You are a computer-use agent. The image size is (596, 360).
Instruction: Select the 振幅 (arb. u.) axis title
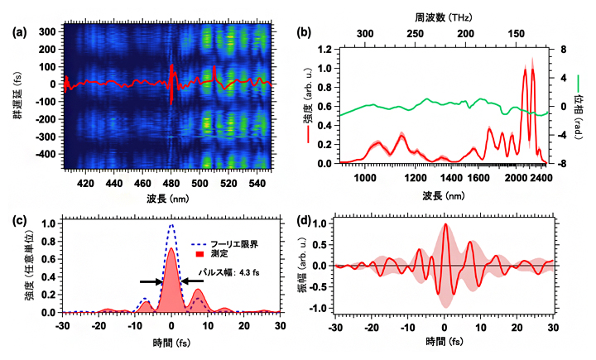(x=302, y=266)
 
